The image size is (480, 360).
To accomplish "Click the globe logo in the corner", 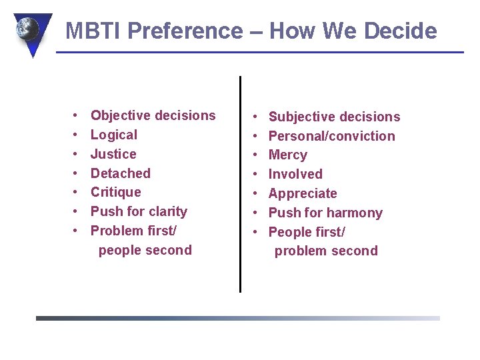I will [29, 30].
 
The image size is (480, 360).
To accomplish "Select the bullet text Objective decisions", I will [153, 115].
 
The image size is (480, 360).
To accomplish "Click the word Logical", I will [114, 135].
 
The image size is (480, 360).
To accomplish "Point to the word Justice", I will [113, 154].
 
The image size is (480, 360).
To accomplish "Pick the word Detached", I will [121, 173].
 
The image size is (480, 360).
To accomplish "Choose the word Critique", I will [116, 192].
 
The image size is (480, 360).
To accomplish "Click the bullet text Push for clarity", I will [139, 211].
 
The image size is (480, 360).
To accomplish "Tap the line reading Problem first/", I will [133, 231].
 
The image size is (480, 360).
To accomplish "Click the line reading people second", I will [145, 251].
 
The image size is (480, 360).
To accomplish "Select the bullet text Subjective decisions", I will [334, 117].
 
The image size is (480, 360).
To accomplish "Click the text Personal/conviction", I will [331, 136].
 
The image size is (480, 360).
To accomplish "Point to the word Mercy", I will [287, 155].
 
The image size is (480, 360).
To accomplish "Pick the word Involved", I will [295, 174].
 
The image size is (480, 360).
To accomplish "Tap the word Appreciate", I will [303, 193].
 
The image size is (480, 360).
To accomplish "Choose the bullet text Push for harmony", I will [325, 213].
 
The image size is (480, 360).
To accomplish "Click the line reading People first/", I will [307, 232].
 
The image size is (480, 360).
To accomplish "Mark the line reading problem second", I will [326, 251].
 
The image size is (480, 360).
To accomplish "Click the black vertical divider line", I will [240, 183].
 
